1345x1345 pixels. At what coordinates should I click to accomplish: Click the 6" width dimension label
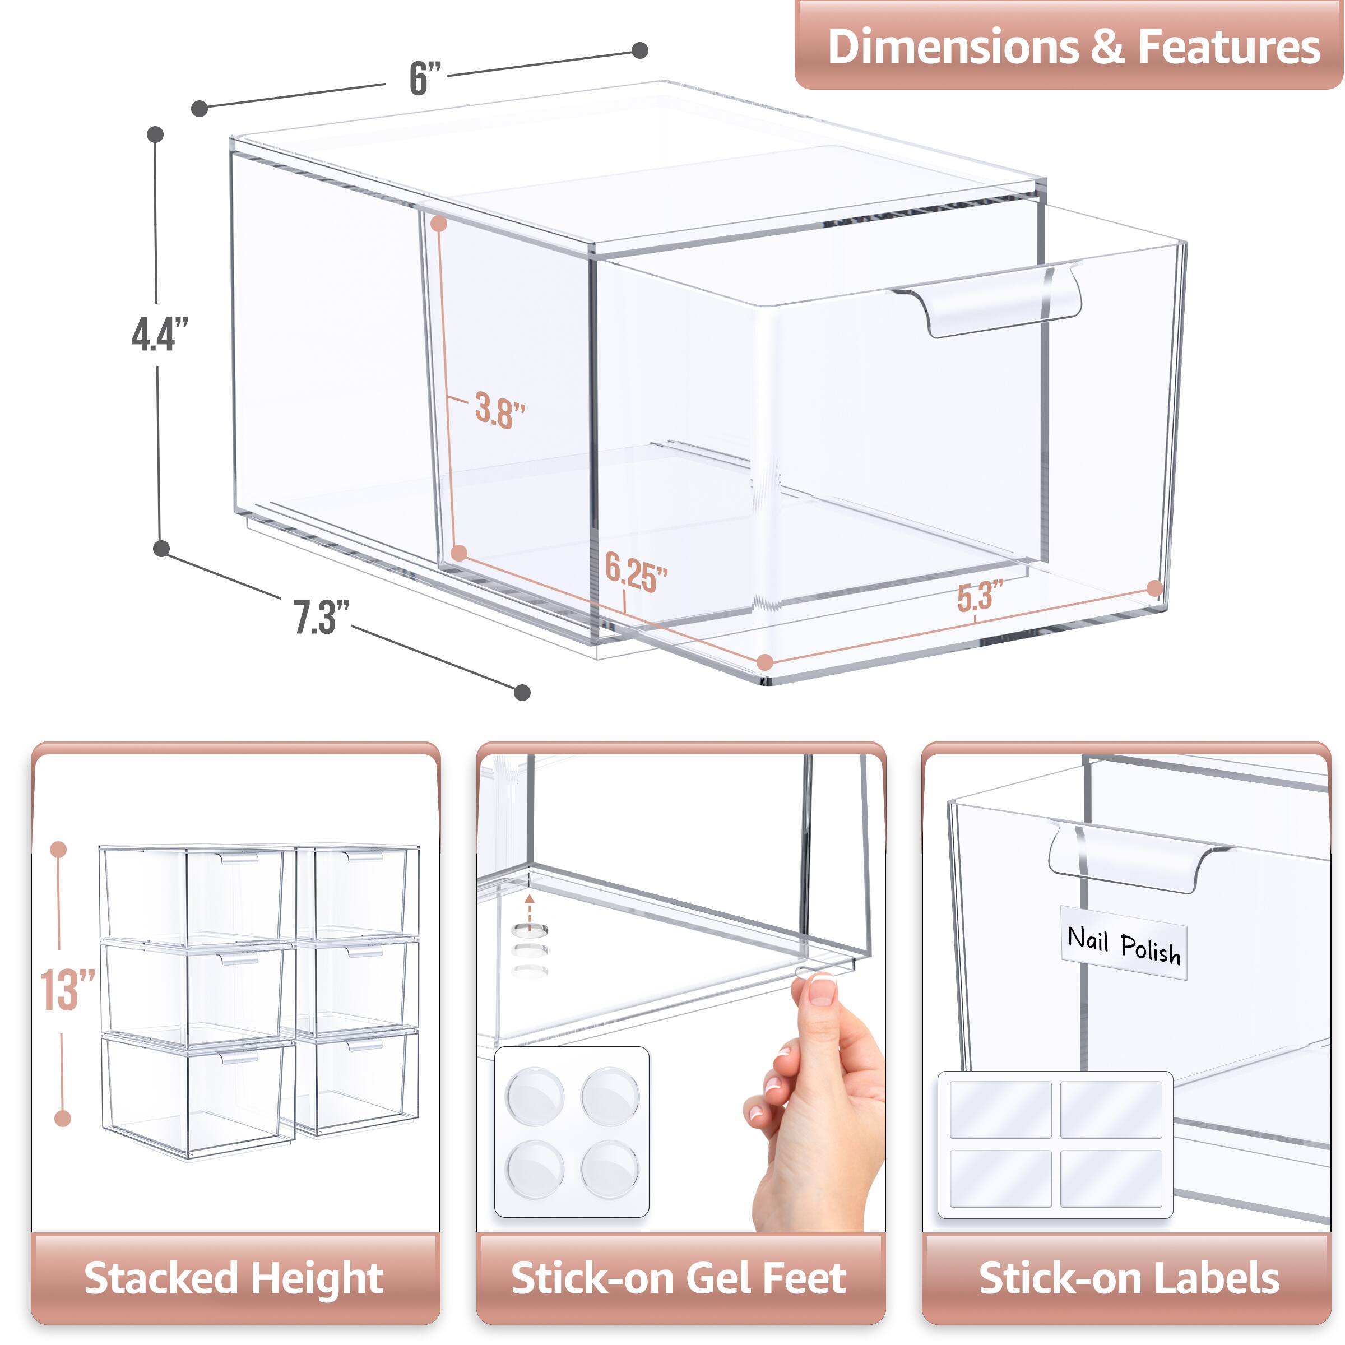425,78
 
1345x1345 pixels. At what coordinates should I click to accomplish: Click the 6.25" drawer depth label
635,573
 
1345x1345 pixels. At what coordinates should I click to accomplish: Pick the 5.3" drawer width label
980,596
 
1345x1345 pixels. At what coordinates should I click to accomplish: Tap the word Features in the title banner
1229,47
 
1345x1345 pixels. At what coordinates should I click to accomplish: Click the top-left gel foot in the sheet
534,1097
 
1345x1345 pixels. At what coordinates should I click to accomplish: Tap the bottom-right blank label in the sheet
1111,1178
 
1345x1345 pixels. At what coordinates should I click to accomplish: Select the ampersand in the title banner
1107,47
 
